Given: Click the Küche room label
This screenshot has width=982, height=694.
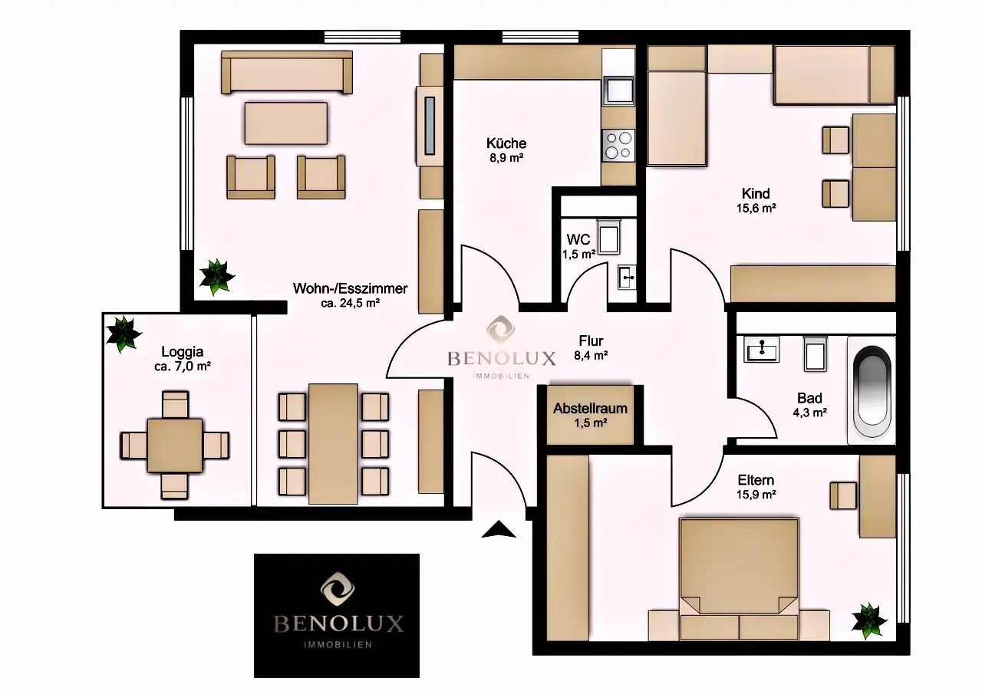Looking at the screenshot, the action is click(506, 143).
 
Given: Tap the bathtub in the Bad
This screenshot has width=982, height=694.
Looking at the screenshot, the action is click(872, 390).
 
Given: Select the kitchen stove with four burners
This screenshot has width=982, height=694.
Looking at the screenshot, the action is click(618, 145).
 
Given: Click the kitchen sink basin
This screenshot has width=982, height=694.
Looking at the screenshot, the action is click(618, 90).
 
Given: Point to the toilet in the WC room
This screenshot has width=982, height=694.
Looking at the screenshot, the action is click(609, 236).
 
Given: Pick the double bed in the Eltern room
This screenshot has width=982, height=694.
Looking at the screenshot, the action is click(739, 579).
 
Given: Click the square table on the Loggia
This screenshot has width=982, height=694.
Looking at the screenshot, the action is click(175, 445).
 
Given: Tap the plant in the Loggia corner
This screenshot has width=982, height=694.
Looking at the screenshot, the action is click(124, 334).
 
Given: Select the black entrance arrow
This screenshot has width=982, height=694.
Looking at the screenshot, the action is click(499, 529).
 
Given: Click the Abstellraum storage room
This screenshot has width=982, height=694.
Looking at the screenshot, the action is click(590, 415).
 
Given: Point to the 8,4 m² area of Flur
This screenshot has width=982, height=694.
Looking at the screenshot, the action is click(591, 355).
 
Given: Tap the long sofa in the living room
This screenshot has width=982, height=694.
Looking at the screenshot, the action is click(287, 72).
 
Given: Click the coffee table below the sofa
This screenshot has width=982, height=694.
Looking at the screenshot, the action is click(286, 123).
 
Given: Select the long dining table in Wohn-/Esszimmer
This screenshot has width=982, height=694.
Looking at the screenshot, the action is click(333, 444).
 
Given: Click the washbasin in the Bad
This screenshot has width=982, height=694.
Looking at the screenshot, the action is click(762, 349).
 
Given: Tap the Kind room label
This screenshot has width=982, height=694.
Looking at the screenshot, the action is click(756, 193).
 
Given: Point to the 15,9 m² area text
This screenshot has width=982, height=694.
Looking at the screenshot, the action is click(756, 495).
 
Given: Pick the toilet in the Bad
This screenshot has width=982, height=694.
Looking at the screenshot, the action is click(815, 354).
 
